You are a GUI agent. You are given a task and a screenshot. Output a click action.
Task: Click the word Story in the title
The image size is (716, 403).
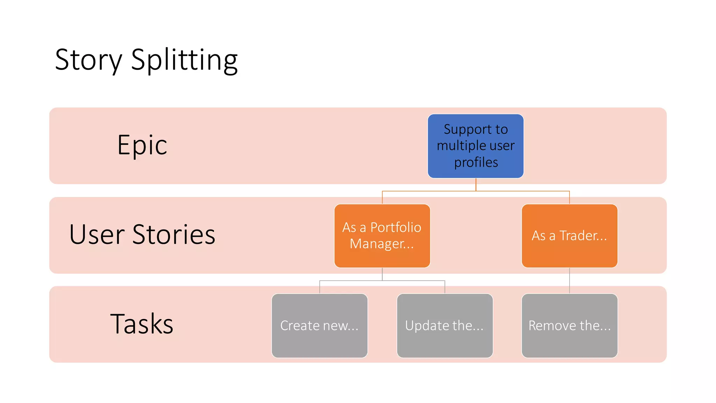pos(88,60)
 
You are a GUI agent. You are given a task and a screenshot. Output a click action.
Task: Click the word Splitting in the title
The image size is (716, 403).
pos(184,60)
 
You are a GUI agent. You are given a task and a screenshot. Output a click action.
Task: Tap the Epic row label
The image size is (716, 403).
pos(142,145)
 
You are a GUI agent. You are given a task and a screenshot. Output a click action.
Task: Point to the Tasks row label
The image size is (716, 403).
pos(142,324)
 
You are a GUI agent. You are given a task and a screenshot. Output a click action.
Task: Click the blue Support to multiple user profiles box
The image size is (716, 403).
pos(475,146)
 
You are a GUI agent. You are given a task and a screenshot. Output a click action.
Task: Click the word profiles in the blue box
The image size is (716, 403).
pos(476,162)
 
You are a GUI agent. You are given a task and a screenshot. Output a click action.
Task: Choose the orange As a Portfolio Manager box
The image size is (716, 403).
pos(382,236)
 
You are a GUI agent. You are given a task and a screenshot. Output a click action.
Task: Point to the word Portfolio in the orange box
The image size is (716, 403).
pos(395,227)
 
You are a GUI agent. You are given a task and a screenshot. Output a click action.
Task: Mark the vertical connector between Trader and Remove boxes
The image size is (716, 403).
pos(570,281)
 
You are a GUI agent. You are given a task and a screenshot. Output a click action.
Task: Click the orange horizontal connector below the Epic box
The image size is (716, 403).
pos(430,191)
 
